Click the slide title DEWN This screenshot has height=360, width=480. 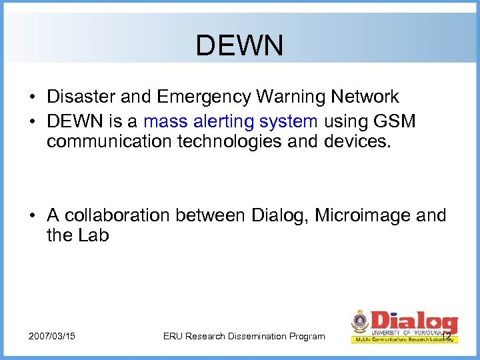click(x=239, y=46)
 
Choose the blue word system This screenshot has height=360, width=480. click(x=290, y=122)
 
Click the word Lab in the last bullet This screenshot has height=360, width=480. click(x=95, y=235)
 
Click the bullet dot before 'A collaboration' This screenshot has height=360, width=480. click(x=32, y=215)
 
